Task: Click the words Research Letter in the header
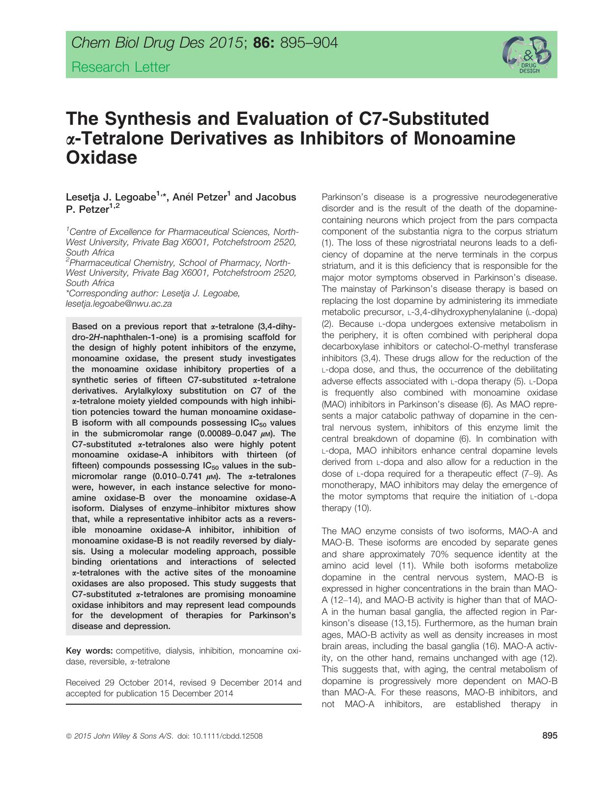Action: tap(120, 67)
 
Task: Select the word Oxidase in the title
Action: tap(101, 158)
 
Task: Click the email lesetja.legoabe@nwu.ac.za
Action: tap(118, 304)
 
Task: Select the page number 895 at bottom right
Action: tap(550, 736)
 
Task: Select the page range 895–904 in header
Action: tap(308, 43)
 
